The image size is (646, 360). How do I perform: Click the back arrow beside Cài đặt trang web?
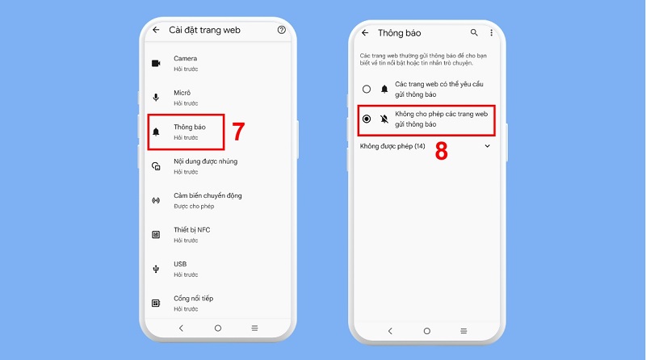[155, 30]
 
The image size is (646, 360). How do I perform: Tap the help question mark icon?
[281, 30]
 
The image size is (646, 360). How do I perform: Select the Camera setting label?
[185, 58]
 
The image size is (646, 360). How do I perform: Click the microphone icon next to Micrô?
[156, 98]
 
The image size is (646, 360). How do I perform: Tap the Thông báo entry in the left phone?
[189, 128]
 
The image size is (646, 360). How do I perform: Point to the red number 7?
[238, 132]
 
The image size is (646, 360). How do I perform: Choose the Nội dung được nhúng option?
[205, 161]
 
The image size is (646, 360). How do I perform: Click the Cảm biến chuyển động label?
[208, 195]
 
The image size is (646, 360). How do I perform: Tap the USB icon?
[156, 269]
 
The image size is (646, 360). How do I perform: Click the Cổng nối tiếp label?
[193, 298]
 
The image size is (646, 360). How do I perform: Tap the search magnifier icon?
[474, 33]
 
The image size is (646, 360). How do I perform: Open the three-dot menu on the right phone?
[491, 33]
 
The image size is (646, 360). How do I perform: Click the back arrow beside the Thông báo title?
[365, 33]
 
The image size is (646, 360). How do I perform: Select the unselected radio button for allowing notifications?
[367, 89]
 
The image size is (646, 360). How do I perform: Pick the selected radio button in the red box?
[367, 119]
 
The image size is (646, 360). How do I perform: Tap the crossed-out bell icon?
[384, 119]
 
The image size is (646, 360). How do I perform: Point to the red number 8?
[442, 152]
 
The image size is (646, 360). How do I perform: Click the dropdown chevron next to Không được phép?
[487, 146]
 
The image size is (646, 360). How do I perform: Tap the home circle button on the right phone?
[427, 331]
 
